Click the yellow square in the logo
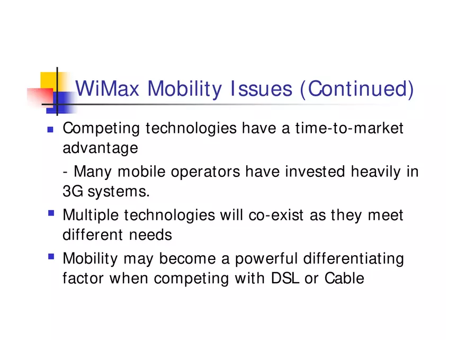(49, 80)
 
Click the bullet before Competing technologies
(50, 129)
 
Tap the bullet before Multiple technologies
(51, 213)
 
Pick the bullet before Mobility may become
(51, 257)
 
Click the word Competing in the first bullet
(101, 129)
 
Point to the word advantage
(100, 148)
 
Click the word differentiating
(353, 259)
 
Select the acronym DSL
(285, 278)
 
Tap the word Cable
(344, 278)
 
